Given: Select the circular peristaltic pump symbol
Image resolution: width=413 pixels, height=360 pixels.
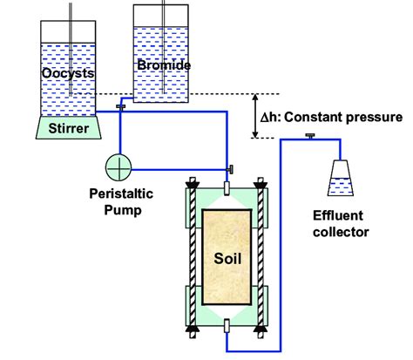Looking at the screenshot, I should pos(119,166).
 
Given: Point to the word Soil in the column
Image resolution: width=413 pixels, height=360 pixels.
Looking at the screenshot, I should pos(226,258).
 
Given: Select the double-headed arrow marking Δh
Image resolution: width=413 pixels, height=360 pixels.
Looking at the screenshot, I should pos(255,115).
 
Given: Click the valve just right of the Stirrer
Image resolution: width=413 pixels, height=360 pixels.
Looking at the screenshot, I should pos(121,106).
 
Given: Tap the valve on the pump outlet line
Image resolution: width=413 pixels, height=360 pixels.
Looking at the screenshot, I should pos(231,167).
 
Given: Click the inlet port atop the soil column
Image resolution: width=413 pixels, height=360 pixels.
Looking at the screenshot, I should pos(226,187).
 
